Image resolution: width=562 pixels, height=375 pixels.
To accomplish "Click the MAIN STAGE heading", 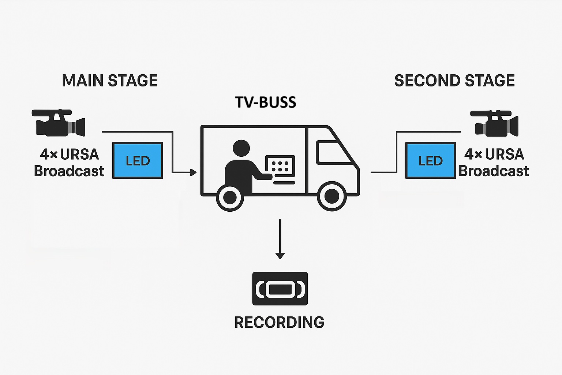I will point(110,81).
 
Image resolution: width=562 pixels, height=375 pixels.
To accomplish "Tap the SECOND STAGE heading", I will point(454,81).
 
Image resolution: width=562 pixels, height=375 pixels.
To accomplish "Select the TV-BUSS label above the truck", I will point(266,102).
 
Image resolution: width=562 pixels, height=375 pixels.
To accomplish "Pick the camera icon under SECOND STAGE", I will point(494,123).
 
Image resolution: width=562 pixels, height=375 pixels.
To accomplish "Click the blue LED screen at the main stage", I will point(138,160).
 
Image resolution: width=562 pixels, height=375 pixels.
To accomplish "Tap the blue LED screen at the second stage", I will point(431,160).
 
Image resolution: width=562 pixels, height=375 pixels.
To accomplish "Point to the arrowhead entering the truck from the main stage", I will point(193,172).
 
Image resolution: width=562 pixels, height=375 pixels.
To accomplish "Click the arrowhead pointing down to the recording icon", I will point(280,255).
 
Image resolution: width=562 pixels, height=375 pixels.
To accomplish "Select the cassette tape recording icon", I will point(280,289).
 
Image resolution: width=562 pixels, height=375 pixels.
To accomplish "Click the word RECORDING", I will point(279,322).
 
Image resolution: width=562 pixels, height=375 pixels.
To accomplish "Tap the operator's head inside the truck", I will point(241,149).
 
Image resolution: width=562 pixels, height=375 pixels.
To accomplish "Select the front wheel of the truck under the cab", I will point(331,197).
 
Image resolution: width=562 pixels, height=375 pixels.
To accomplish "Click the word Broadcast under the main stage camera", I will point(69,171).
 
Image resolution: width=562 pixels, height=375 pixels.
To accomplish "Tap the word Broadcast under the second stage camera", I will point(494,171).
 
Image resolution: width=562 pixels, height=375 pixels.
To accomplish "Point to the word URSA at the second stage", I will point(505,154).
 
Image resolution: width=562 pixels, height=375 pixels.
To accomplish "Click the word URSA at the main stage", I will point(79,154).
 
